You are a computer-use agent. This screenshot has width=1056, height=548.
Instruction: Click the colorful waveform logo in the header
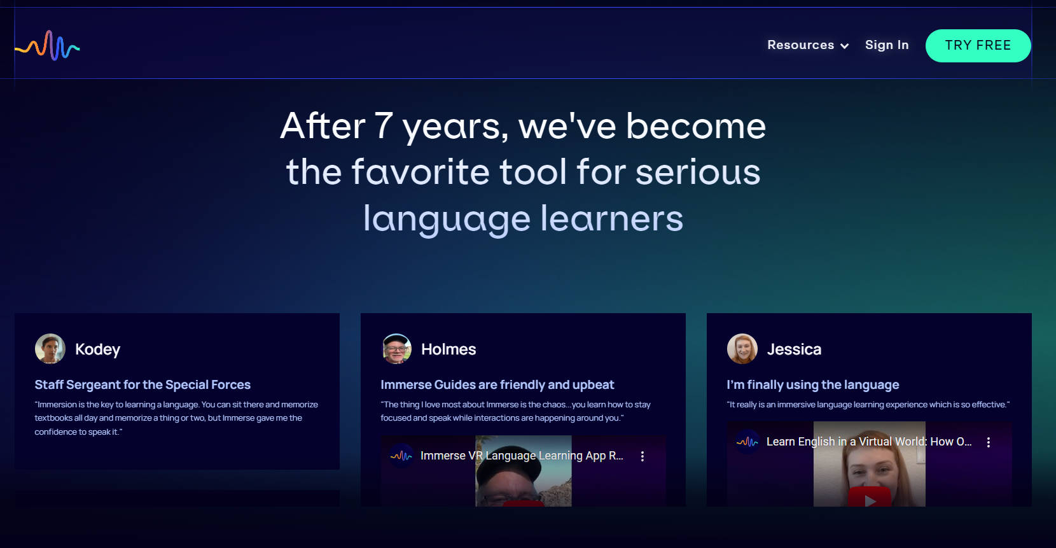pyautogui.click(x=47, y=46)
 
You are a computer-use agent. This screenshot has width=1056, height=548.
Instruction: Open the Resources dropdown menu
pyautogui.click(x=808, y=45)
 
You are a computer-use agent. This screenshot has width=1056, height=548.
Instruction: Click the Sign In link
pyautogui.click(x=887, y=45)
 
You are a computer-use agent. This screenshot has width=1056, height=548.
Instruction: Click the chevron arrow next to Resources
pyautogui.click(x=844, y=46)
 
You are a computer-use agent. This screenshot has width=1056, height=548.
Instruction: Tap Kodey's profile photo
pyautogui.click(x=50, y=349)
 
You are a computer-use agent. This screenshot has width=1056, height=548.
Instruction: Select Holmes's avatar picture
pyautogui.click(x=396, y=349)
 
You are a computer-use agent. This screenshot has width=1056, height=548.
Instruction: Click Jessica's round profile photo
pyautogui.click(x=742, y=349)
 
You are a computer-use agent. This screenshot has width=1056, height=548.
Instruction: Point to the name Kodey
pyautogui.click(x=97, y=349)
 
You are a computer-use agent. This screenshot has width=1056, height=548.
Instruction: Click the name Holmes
pyautogui.click(x=448, y=349)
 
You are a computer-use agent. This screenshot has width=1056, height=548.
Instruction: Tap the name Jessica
pyautogui.click(x=794, y=349)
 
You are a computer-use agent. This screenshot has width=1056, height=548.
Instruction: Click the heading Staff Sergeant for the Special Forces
pyautogui.click(x=142, y=384)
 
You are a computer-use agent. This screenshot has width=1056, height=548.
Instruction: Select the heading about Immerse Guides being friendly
pyautogui.click(x=497, y=384)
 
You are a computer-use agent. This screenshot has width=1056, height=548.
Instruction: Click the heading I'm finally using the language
pyautogui.click(x=813, y=384)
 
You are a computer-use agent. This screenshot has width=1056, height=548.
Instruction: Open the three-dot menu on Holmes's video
pyautogui.click(x=642, y=456)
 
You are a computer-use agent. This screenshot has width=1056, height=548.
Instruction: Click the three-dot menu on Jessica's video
pyautogui.click(x=988, y=442)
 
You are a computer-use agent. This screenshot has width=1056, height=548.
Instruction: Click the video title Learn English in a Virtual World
pyautogui.click(x=869, y=442)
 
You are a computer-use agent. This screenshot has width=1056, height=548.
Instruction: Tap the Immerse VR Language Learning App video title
pyautogui.click(x=522, y=456)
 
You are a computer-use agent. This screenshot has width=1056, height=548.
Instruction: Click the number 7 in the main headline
pyautogui.click(x=383, y=126)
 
